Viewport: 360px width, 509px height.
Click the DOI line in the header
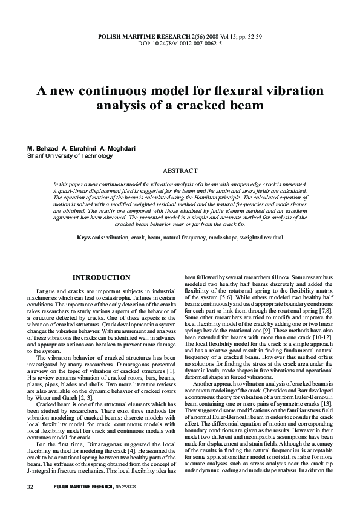[180, 44]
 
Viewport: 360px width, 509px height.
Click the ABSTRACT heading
[180, 171]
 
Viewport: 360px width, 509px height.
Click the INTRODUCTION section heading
[102, 277]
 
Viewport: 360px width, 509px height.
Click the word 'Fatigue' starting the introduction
[47, 292]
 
